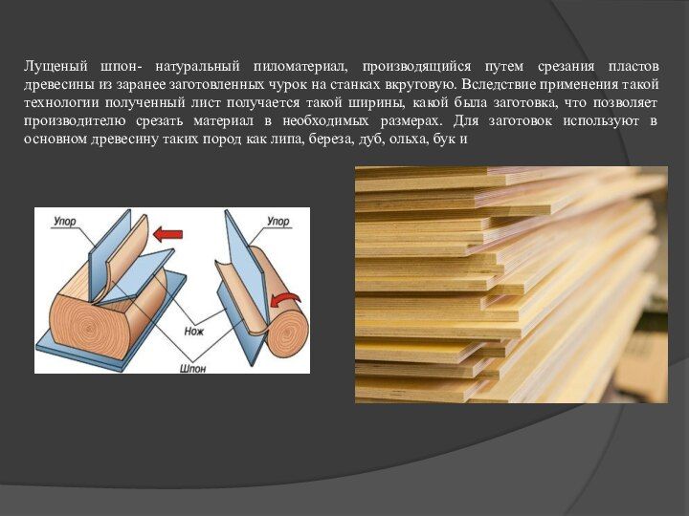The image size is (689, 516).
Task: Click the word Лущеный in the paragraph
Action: (x=56, y=67)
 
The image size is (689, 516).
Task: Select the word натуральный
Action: (x=198, y=67)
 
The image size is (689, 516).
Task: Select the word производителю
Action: (x=75, y=121)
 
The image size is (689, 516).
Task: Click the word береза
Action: (x=332, y=140)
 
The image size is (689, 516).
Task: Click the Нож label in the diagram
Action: (x=194, y=331)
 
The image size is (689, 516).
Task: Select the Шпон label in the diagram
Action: (x=193, y=368)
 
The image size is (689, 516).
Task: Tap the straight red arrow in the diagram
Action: (x=167, y=235)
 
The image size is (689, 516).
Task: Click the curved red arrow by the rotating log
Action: (x=285, y=300)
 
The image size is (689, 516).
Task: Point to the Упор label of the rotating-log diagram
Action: (x=278, y=221)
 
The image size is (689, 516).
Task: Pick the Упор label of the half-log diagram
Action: (x=65, y=221)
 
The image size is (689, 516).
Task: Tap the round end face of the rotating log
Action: (x=288, y=330)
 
